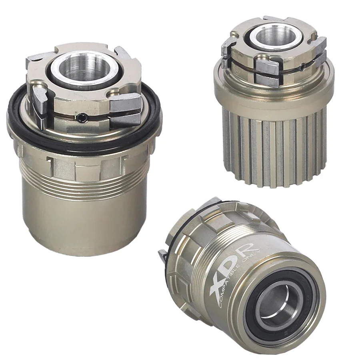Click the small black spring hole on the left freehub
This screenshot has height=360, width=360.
pyautogui.click(x=82, y=117)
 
